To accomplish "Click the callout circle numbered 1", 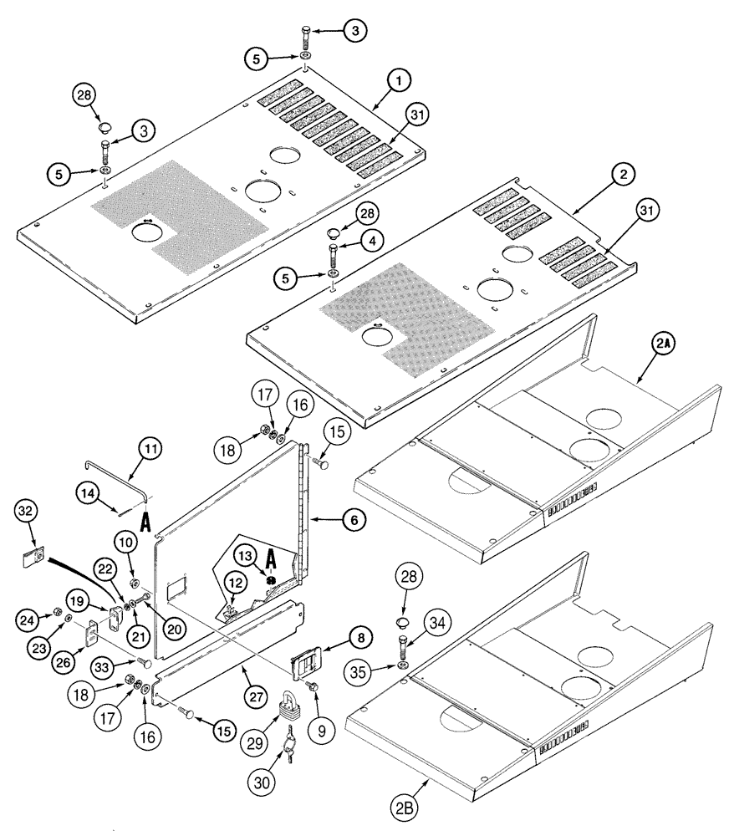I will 400,80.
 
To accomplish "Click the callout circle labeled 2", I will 623,175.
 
